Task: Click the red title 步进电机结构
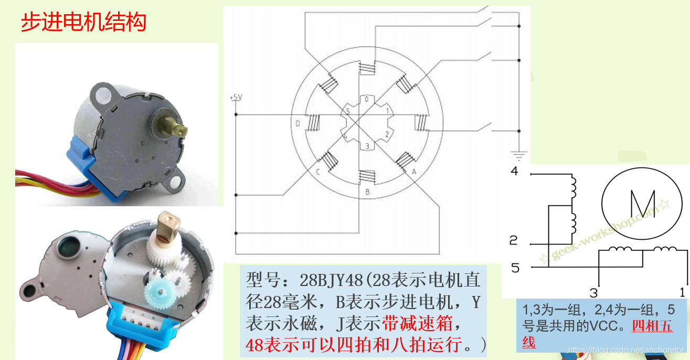(x=83, y=22)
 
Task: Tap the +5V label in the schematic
(x=236, y=97)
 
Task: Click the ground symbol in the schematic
(x=519, y=155)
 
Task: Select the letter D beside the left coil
(x=298, y=123)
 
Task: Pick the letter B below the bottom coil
(x=367, y=192)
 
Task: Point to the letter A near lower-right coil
(x=414, y=172)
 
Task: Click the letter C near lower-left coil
(x=318, y=172)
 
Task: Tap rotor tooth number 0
(x=367, y=99)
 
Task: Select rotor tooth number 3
(x=367, y=146)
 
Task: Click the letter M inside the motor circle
(x=643, y=204)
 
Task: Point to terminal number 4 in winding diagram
(x=514, y=171)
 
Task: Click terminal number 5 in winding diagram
(x=515, y=268)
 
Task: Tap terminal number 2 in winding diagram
(x=514, y=240)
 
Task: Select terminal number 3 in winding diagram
(x=593, y=293)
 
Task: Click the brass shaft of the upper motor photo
(x=173, y=127)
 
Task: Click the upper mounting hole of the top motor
(x=103, y=96)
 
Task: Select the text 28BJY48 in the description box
(x=331, y=280)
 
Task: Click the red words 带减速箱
(x=417, y=323)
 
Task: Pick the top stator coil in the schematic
(x=367, y=68)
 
